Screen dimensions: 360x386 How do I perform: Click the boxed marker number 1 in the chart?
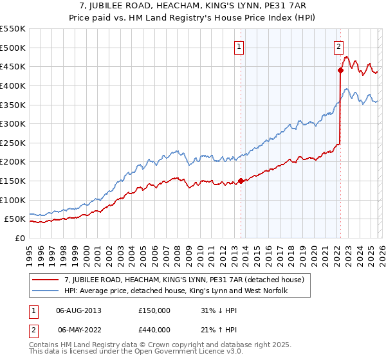pyautogui.click(x=239, y=46)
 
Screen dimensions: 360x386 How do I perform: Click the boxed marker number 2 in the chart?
pyautogui.click(x=338, y=46)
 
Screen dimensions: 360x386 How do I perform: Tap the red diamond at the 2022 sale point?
pyautogui.click(x=340, y=71)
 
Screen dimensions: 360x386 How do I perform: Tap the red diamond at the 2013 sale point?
pyautogui.click(x=241, y=181)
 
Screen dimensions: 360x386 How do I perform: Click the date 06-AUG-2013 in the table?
pyautogui.click(x=78, y=310)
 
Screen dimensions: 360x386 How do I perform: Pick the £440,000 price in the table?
pyautogui.click(x=154, y=330)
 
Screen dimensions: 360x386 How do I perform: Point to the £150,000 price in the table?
pyautogui.click(x=154, y=310)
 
